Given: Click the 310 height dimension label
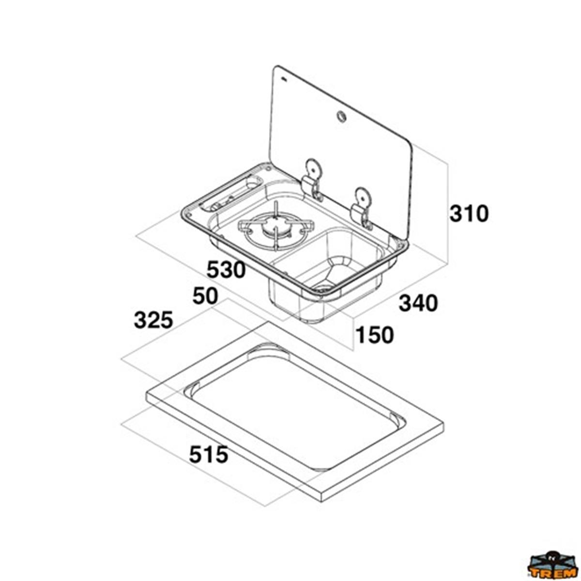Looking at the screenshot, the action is click(x=469, y=214).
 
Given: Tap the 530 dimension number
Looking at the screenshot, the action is click(x=226, y=270).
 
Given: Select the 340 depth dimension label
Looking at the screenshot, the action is click(x=418, y=303).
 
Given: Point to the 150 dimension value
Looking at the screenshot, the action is click(x=374, y=335).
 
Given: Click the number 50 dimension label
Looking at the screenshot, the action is click(x=205, y=295).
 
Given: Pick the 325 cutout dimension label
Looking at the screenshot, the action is click(x=153, y=320).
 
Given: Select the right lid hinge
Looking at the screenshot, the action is click(x=363, y=208).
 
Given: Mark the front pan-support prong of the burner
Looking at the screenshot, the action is click(x=275, y=239).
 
